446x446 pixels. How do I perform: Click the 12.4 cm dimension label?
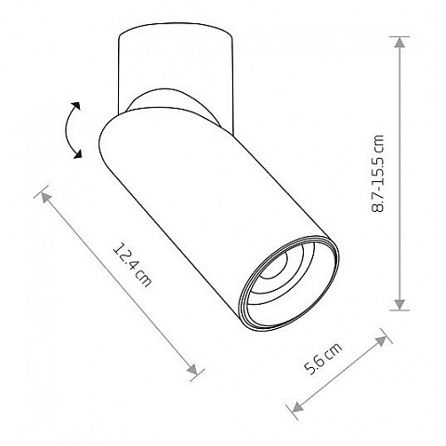pyautogui.click(x=132, y=265)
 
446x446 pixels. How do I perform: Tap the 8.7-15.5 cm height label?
pyautogui.click(x=377, y=174)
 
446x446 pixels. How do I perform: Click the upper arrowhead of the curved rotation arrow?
pyautogui.click(x=76, y=106)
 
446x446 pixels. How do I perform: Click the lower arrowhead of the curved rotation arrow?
pyautogui.click(x=77, y=154)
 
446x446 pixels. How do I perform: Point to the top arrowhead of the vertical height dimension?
pyautogui.click(x=400, y=42)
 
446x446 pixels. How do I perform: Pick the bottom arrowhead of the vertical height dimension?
pyautogui.click(x=400, y=305)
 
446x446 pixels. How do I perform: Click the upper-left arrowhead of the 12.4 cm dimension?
pyautogui.click(x=46, y=197)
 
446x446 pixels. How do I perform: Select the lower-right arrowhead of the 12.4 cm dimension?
pyautogui.click(x=192, y=370)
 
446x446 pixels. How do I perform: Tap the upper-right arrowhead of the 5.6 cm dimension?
pyautogui.click(x=381, y=341)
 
